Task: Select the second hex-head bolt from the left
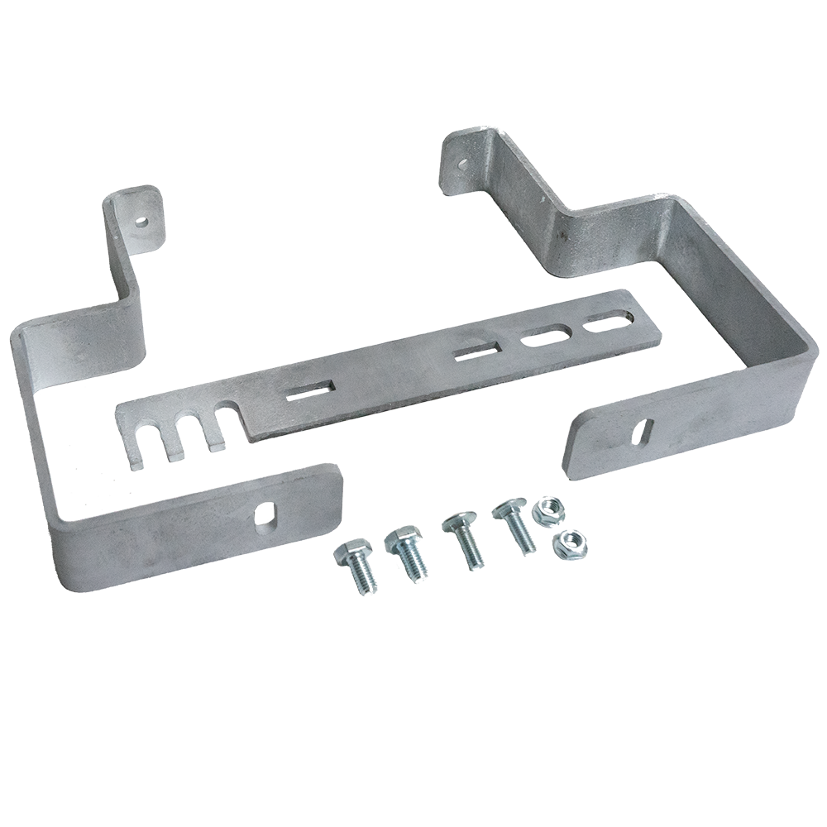pyautogui.click(x=404, y=552)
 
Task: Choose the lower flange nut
pyautogui.click(x=566, y=543)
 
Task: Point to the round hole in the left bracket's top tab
pyautogui.click(x=142, y=222)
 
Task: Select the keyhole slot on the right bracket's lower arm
pyautogui.click(x=645, y=432)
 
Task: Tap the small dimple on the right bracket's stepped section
pyautogui.click(x=563, y=236)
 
